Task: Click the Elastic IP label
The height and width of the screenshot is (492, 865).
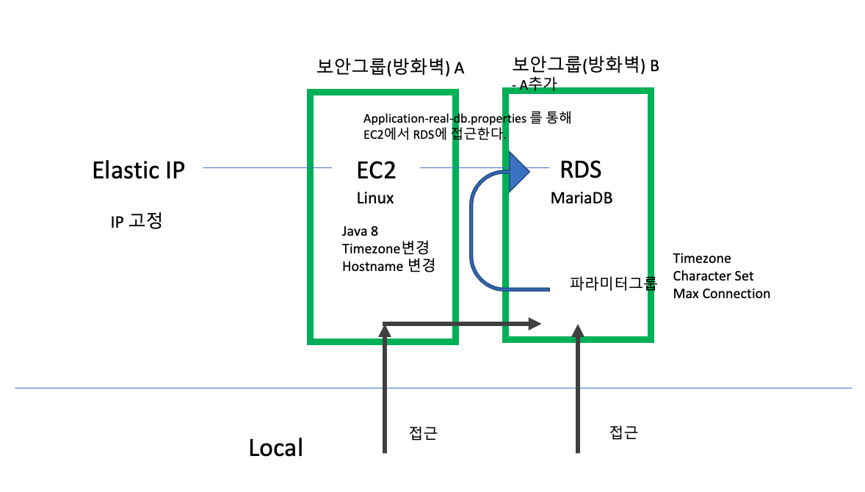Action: click(138, 170)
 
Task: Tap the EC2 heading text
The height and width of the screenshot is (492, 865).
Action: click(375, 170)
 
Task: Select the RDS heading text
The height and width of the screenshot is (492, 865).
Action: click(580, 170)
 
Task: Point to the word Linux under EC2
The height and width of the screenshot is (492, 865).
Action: click(375, 198)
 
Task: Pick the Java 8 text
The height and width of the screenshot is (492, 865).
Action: click(360, 232)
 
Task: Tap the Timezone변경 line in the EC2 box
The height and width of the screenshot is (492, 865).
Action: click(386, 249)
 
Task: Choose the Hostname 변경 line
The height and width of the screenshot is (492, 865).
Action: click(388, 266)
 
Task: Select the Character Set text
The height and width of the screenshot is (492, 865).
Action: click(713, 276)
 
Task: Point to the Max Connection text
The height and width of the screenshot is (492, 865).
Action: click(721, 294)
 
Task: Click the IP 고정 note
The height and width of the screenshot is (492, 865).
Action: click(136, 221)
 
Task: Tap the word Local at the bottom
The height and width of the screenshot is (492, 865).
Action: click(275, 448)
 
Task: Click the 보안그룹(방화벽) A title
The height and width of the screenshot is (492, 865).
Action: click(390, 68)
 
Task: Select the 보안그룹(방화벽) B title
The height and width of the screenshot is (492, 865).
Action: click(585, 65)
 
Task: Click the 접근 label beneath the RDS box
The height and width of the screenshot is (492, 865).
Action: click(623, 433)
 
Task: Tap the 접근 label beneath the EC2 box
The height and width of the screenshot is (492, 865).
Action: click(423, 433)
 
